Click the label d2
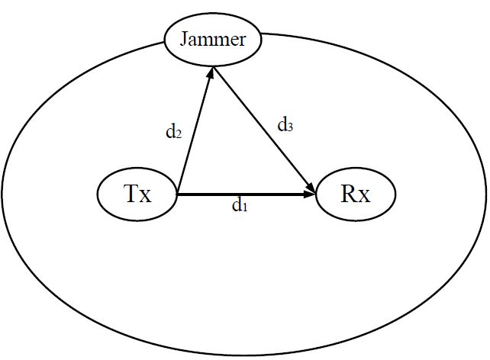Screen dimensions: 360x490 (x=173, y=131)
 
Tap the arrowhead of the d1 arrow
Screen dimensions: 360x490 (x=311, y=195)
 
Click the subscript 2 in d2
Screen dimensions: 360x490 (x=179, y=134)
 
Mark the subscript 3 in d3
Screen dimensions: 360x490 (x=290, y=128)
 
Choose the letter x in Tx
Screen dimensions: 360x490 (x=145, y=196)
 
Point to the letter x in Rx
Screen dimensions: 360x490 (x=364, y=196)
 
